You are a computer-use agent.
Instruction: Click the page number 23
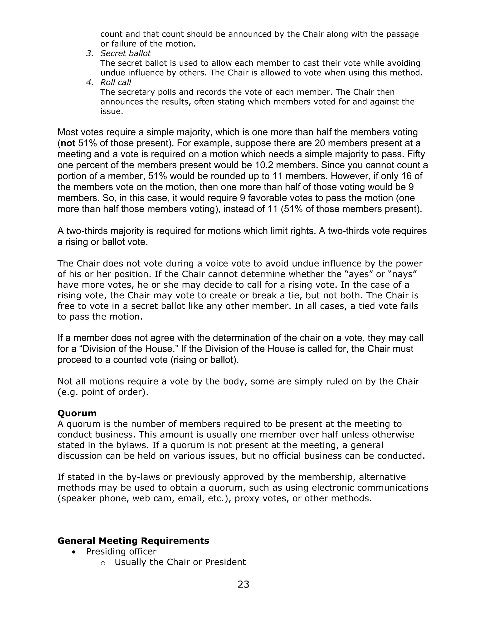point(243,584)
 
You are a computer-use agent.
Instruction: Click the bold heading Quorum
point(77,413)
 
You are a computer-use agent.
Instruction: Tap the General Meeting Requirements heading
point(133,541)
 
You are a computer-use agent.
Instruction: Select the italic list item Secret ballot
point(126,53)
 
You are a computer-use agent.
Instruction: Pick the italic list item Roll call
point(116,82)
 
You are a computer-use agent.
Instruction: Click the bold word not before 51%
point(68,143)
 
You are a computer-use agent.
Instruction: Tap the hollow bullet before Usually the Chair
point(103,562)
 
